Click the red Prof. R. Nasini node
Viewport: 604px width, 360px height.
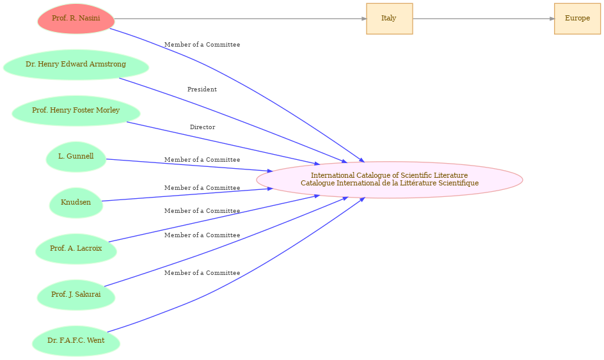pyautogui.click(x=76, y=19)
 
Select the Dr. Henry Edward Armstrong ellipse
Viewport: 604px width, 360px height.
pyautogui.click(x=76, y=65)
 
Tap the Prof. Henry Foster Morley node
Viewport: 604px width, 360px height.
pyautogui.click(x=76, y=111)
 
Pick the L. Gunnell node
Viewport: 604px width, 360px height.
pyautogui.click(x=76, y=157)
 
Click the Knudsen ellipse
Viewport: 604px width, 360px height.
pyautogui.click(x=76, y=203)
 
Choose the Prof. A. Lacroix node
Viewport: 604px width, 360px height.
pyautogui.click(x=76, y=249)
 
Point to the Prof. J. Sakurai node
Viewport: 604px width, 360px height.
pyautogui.click(x=76, y=295)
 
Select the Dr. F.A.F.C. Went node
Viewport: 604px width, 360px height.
pyautogui.click(x=76, y=341)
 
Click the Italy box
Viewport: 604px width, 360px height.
pyautogui.click(x=390, y=19)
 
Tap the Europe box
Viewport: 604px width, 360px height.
pyautogui.click(x=577, y=19)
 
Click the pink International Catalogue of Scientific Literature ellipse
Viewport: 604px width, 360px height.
pyautogui.click(x=390, y=180)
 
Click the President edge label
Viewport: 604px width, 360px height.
pyautogui.click(x=202, y=90)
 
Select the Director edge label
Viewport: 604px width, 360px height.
pyautogui.click(x=202, y=127)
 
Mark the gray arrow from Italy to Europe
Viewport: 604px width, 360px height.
pyautogui.click(x=484, y=19)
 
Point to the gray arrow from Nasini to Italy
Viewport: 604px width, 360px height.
pyautogui.click(x=241, y=19)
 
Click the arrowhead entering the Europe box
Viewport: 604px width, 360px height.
pyautogui.click(x=552, y=19)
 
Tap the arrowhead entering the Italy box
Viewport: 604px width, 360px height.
pyautogui.click(x=364, y=19)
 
